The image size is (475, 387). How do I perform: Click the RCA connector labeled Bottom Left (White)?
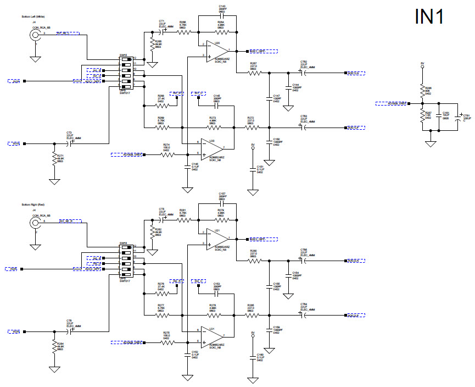[36, 35]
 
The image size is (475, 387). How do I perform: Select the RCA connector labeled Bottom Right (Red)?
[36, 223]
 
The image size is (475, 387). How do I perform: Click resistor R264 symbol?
[218, 32]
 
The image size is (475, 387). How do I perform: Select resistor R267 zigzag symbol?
[253, 73]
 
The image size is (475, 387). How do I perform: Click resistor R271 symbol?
[54, 159]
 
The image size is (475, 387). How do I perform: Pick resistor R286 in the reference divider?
[422, 89]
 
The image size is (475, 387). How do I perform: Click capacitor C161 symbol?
[439, 117]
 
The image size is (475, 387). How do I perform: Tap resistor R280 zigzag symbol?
[253, 261]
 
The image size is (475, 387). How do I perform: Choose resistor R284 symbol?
[54, 347]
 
